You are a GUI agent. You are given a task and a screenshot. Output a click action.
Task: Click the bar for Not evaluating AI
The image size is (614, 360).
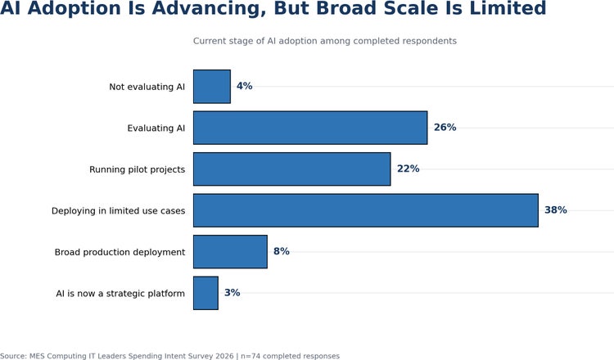pos(212,87)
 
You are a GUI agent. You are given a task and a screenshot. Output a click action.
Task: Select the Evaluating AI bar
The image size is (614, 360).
pos(310,128)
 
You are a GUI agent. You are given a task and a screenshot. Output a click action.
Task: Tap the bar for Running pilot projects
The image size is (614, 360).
pos(291,169)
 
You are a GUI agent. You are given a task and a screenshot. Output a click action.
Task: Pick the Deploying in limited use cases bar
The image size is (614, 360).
pos(366,210)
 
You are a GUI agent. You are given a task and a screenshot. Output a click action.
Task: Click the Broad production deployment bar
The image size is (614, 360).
pos(230,252)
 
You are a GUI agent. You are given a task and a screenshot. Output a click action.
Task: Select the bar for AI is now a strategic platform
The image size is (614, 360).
pos(205,293)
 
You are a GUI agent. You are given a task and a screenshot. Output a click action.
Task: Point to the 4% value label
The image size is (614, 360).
pos(244,86)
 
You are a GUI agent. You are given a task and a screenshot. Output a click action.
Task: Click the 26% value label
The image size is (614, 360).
pos(445,128)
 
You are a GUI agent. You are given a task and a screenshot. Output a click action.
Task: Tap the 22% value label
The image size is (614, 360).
pos(408,169)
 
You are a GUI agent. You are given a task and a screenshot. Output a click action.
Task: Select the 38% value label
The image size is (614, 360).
pos(556,210)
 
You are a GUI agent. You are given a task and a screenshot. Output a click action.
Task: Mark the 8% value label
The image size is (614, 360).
pos(282,251)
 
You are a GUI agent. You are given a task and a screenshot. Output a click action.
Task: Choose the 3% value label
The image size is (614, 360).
pos(233,293)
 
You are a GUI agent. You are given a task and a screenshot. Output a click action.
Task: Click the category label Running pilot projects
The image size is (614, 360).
pos(137,169)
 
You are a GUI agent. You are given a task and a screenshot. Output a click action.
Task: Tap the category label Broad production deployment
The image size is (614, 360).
pos(120,252)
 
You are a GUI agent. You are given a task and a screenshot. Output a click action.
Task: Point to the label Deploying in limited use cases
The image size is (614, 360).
pos(118,211)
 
